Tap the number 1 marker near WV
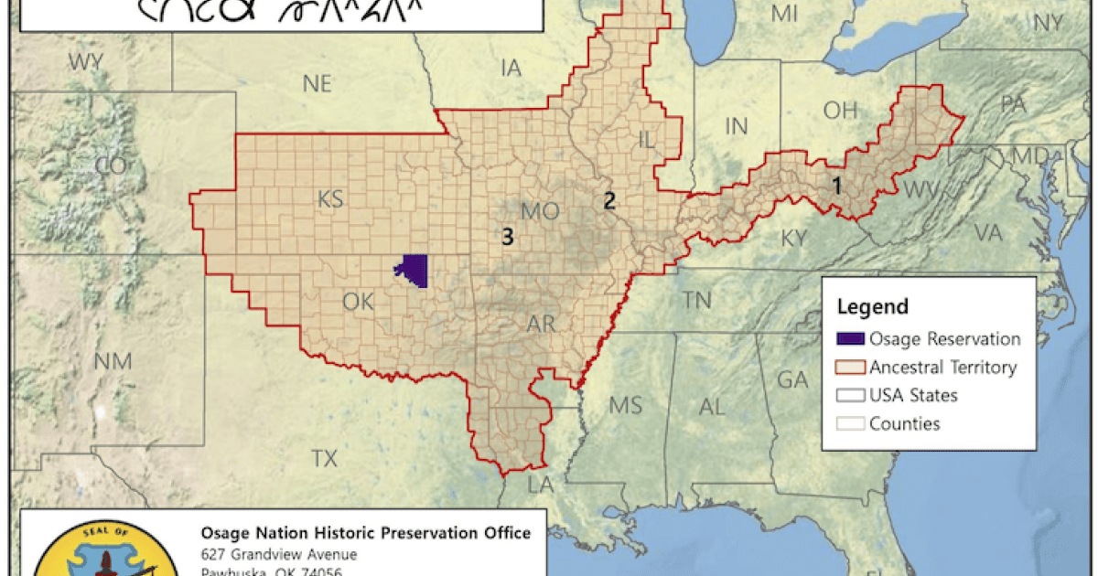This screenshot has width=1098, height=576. tap(834, 186)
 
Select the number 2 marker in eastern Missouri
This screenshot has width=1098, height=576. tap(608, 201)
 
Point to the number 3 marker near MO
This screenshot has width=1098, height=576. tap(508, 237)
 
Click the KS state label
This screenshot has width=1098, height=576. tap(330, 198)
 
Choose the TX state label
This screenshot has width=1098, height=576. tap(324, 458)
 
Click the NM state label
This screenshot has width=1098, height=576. tap(113, 359)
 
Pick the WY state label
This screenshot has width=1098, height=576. tap(85, 62)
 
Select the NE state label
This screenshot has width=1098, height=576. tap(317, 84)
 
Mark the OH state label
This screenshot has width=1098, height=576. tap(839, 111)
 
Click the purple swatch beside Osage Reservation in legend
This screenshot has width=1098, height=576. tap(850, 339)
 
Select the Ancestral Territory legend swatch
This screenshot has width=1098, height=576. tap(850, 368)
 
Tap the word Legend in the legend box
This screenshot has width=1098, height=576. tap(873, 307)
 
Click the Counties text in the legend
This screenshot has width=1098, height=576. tap(904, 423)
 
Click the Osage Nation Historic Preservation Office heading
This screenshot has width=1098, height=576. tap(364, 533)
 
